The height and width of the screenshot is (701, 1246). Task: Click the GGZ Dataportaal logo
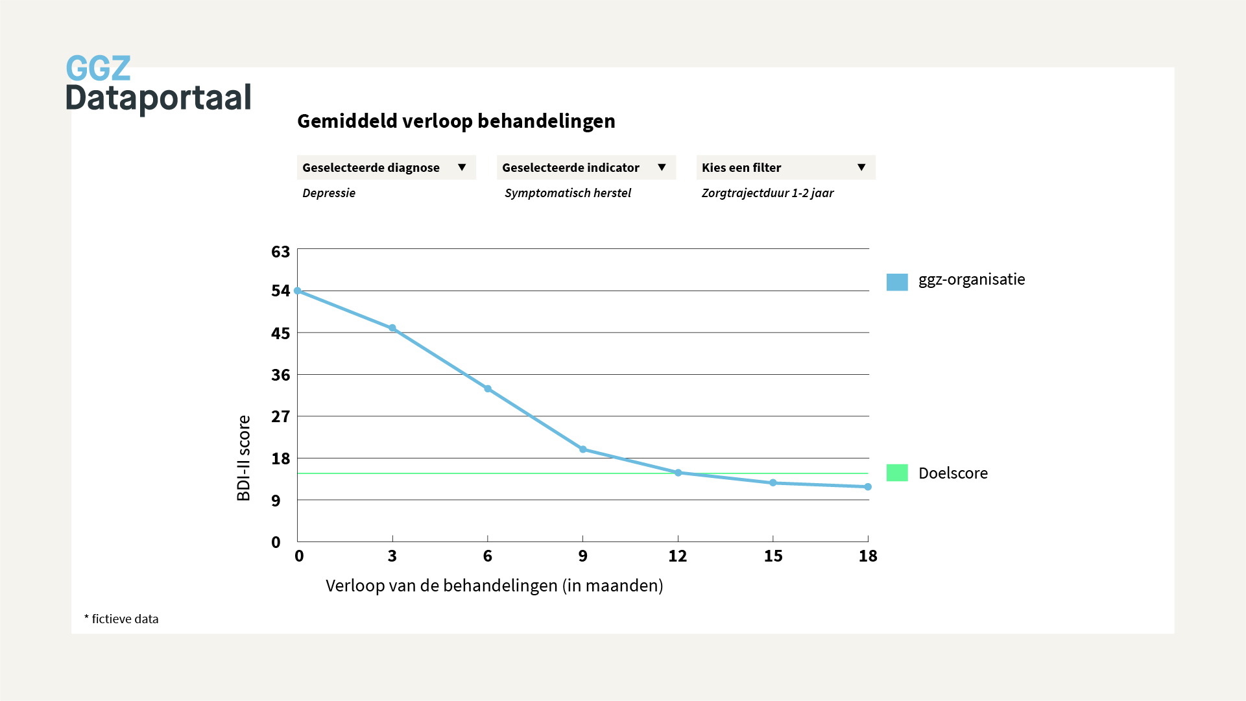(x=158, y=84)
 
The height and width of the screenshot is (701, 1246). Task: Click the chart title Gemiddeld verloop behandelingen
(x=456, y=121)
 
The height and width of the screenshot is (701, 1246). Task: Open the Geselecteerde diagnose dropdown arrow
(x=462, y=167)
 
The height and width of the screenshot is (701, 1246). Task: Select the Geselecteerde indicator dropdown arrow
(x=662, y=167)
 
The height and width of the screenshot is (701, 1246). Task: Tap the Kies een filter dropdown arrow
(x=861, y=167)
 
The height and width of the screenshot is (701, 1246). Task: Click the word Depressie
(x=329, y=193)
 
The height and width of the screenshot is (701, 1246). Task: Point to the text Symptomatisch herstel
(x=568, y=193)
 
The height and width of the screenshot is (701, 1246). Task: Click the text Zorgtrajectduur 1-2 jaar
(x=767, y=193)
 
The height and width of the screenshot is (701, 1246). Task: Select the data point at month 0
(x=298, y=291)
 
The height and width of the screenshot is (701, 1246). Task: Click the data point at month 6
(x=488, y=389)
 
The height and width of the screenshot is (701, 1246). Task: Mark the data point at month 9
(x=582, y=449)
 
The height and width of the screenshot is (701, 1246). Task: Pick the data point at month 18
(x=868, y=487)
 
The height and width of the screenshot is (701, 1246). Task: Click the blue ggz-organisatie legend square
(x=897, y=282)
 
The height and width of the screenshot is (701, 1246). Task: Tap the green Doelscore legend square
(x=897, y=473)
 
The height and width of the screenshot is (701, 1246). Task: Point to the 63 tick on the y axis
(x=280, y=252)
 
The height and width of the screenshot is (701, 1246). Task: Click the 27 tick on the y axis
(x=280, y=416)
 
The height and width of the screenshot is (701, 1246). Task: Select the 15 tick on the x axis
(x=773, y=556)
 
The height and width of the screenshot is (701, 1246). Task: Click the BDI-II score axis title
(x=244, y=458)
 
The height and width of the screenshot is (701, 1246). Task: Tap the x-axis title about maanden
(x=494, y=586)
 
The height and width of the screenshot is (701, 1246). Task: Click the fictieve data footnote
(x=122, y=619)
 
